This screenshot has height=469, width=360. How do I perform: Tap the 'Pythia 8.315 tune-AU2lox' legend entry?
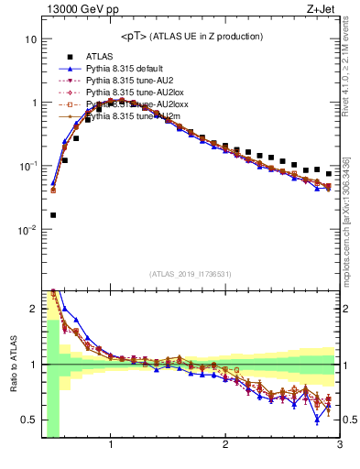click(129, 93)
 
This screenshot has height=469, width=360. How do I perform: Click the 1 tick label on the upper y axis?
click(33, 103)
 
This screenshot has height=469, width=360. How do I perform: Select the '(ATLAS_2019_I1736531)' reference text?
click(190, 274)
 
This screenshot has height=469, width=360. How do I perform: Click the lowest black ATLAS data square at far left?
click(53, 215)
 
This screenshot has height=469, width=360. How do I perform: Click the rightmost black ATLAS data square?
click(329, 173)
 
